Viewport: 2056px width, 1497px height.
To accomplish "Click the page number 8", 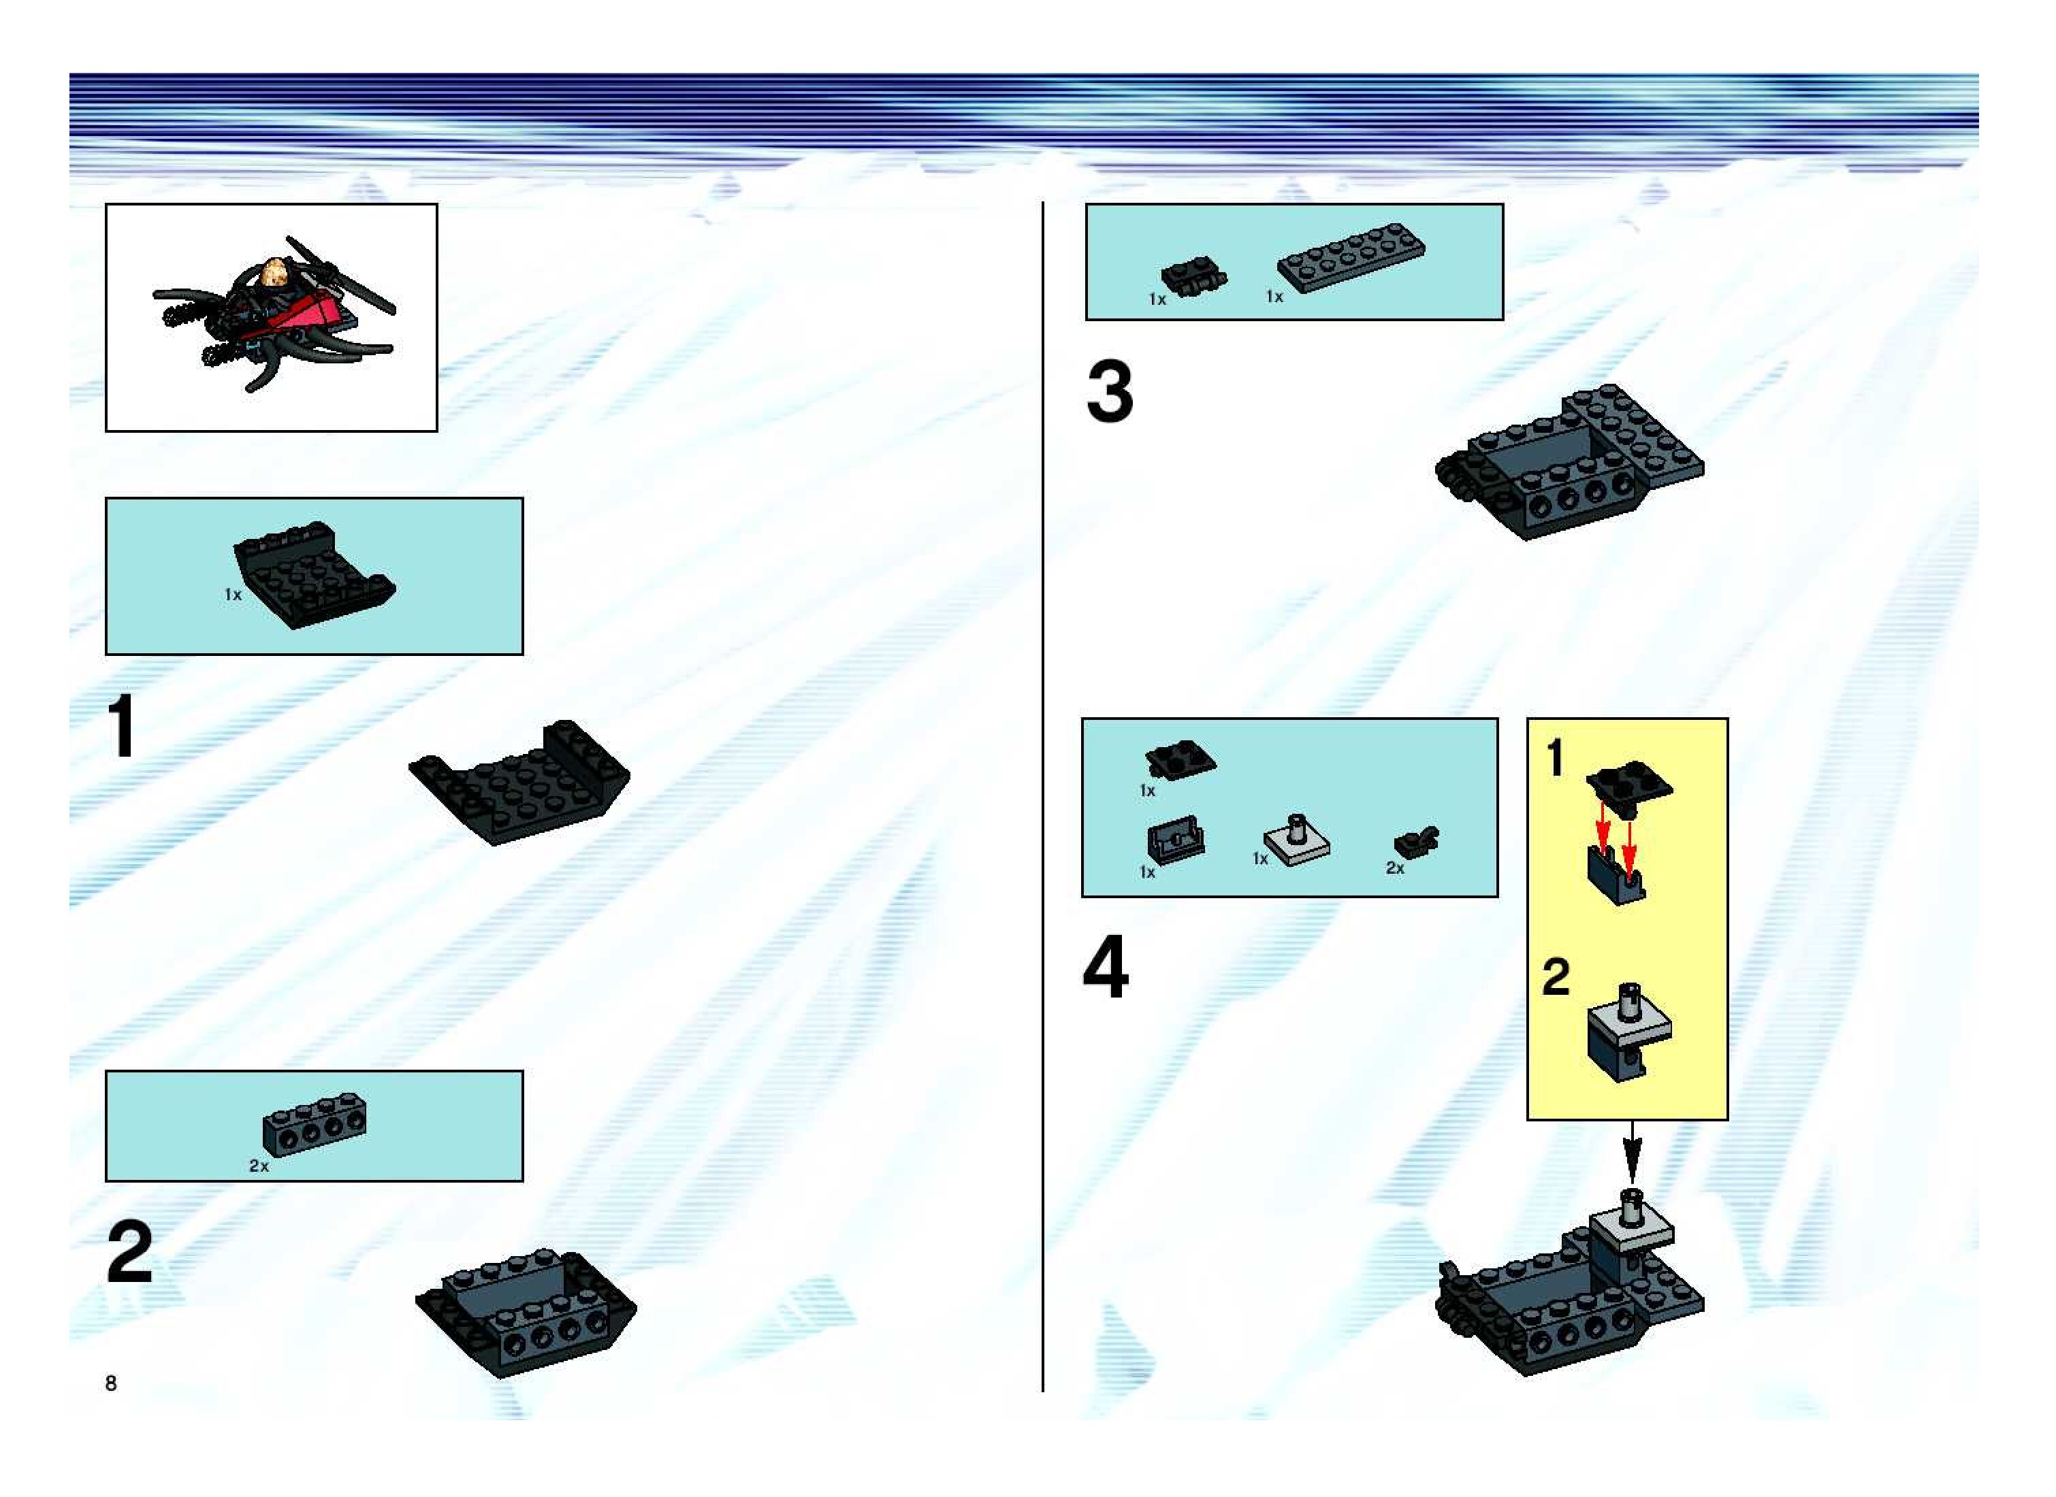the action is pos(110,1382).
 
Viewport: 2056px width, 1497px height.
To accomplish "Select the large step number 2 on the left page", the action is pos(129,1251).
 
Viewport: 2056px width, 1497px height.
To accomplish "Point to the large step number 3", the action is pos(1110,391).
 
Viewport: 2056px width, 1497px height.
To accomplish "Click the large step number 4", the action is pos(1106,967).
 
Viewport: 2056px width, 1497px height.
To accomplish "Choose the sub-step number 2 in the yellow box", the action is pos(1556,978).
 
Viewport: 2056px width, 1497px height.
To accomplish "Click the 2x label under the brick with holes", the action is pos(259,1166).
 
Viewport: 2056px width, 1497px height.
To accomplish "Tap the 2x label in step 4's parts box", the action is pos(1395,868).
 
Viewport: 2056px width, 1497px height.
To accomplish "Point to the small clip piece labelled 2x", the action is pos(1417,842).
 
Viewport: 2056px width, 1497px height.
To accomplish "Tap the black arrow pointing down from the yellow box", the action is pos(1632,1153).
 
